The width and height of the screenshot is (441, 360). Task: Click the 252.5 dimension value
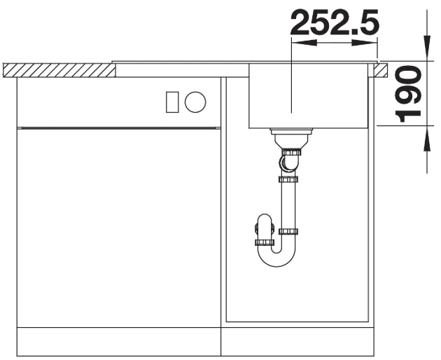[x=335, y=22]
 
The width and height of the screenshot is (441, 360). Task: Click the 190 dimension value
[x=408, y=94]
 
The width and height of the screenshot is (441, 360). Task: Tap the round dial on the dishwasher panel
[x=195, y=102]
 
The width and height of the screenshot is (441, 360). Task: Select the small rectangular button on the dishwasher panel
[x=172, y=102]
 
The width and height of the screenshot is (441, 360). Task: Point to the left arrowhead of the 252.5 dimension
[x=304, y=43]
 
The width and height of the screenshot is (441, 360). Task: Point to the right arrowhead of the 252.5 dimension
[x=364, y=43]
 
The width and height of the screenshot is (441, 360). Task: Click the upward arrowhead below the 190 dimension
[x=427, y=139]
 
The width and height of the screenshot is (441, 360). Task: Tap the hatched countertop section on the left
[x=59, y=70]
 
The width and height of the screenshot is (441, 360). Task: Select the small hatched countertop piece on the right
[x=381, y=70]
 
